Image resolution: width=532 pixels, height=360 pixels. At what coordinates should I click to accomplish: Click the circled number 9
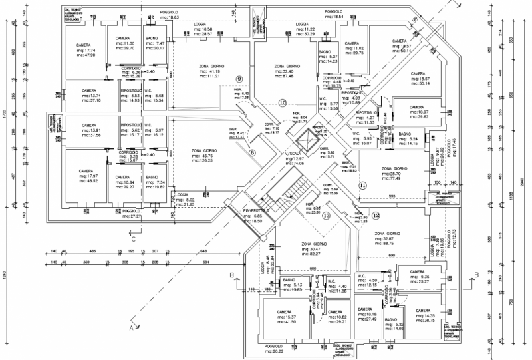click(x=239, y=79)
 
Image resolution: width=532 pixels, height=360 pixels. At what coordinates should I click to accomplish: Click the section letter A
click(x=132, y=328)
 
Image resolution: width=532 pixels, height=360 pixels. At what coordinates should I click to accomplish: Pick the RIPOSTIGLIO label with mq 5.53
click(x=130, y=90)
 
